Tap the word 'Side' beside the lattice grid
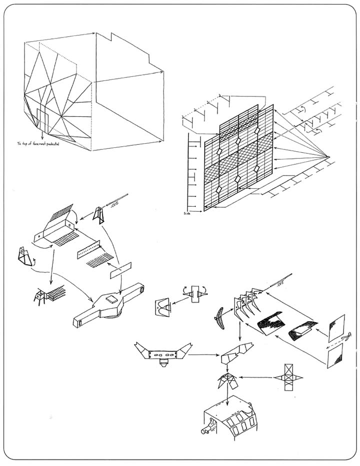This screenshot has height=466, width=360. coord(188,213)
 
